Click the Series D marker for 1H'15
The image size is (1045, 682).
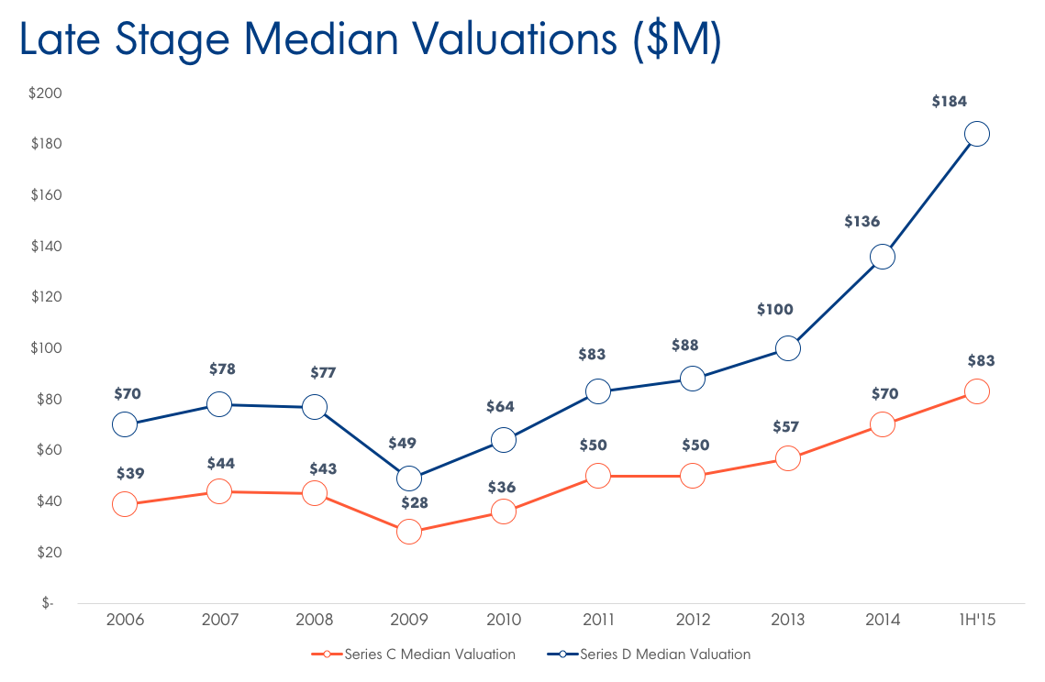(977, 134)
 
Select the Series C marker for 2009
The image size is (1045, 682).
(409, 532)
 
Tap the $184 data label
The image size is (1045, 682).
(950, 102)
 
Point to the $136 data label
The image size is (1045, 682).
(862, 222)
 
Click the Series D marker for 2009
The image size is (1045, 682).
(409, 478)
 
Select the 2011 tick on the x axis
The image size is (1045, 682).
(598, 620)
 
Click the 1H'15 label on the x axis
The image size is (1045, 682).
(977, 620)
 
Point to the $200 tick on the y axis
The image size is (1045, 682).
(45, 93)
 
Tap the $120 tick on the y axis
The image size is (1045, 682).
(45, 297)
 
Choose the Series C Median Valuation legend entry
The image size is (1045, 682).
(413, 654)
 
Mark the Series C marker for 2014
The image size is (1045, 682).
(882, 424)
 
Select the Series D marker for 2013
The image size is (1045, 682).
(787, 348)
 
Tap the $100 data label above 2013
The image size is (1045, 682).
(775, 310)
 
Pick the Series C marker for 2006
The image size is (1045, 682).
(125, 504)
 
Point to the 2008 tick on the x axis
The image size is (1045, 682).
(314, 620)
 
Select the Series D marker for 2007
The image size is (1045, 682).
(219, 404)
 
